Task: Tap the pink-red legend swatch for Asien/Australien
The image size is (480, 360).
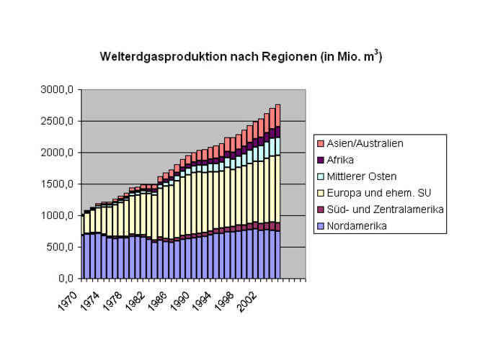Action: [x=321, y=143]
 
